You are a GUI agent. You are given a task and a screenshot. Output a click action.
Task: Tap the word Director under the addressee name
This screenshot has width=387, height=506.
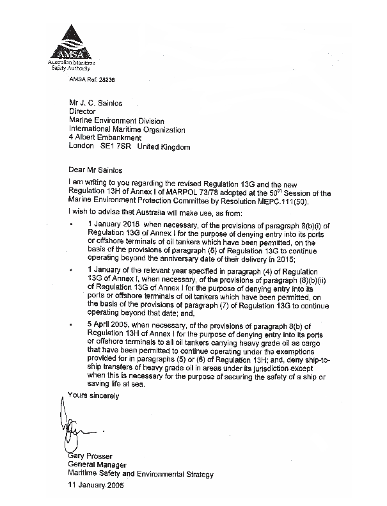click(x=82, y=111)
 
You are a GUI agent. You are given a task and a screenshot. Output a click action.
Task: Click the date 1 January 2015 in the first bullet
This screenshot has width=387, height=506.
click(x=115, y=226)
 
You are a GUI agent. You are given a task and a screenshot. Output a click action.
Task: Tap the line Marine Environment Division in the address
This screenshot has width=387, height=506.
click(x=116, y=120)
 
